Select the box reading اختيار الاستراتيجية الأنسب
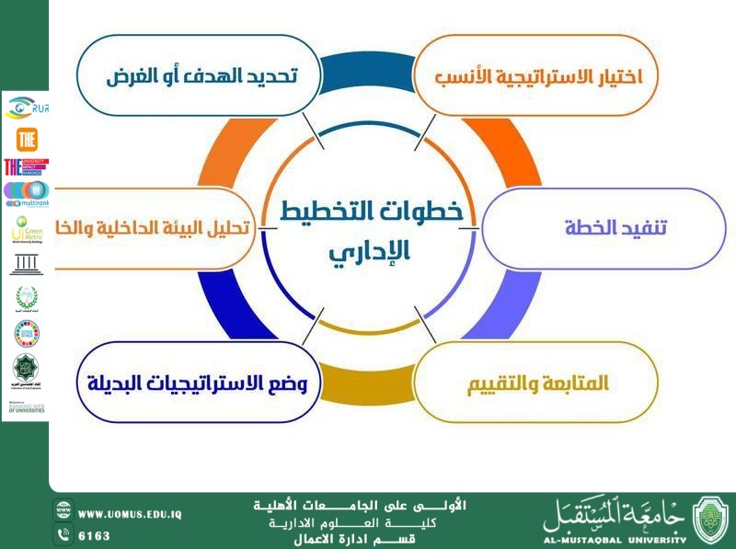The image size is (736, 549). (538, 75)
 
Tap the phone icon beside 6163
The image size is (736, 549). (63, 534)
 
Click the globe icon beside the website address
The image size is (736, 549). (63, 513)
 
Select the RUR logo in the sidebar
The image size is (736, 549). (26, 109)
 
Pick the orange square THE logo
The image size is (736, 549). (26, 139)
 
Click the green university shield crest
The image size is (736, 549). (709, 519)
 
